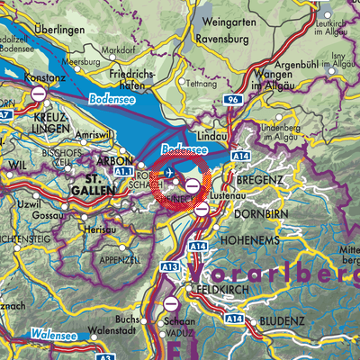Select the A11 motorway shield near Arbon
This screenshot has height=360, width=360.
coord(123,169)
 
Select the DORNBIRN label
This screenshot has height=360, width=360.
coord(262,215)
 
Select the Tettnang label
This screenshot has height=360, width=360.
coord(202,82)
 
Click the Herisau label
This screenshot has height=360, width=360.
coord(98,230)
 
